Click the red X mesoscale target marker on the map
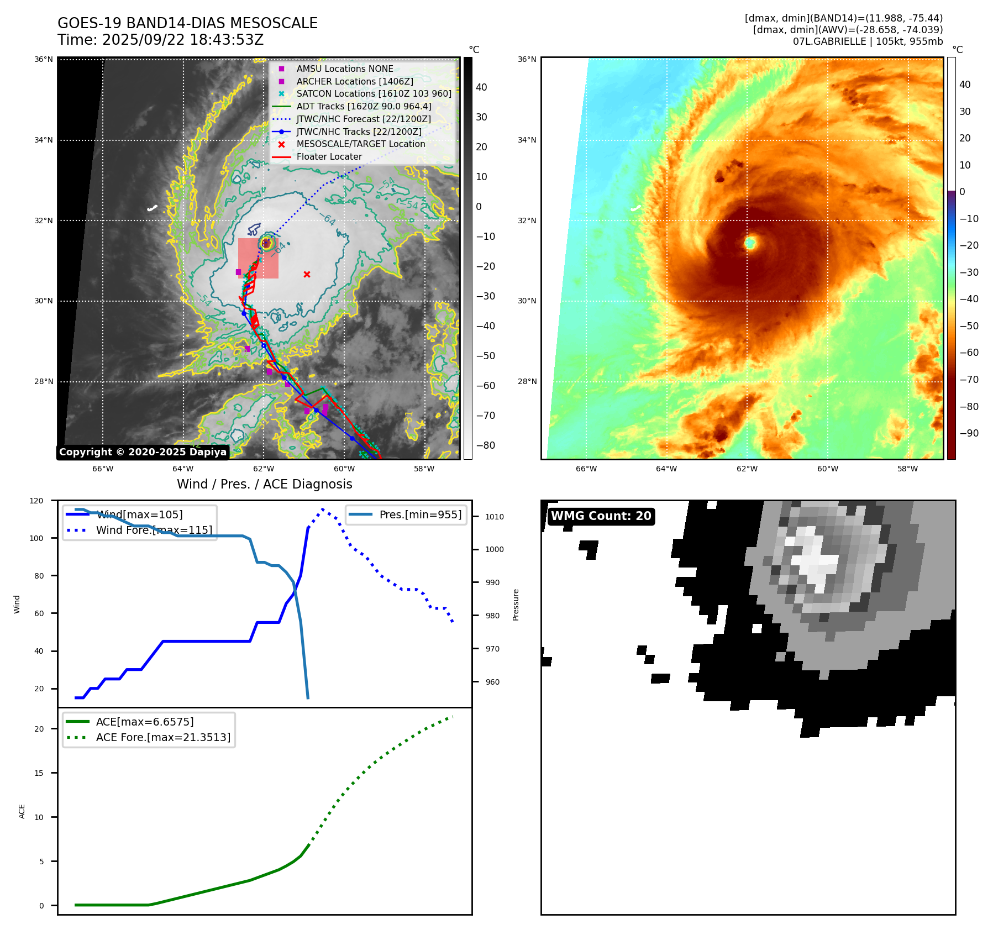tap(307, 274)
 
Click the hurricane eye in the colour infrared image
tap(750, 243)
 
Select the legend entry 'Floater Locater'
tap(329, 157)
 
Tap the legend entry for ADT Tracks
tap(364, 107)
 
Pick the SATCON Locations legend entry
tap(374, 94)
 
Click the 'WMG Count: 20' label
tap(601, 516)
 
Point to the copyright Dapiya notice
tap(143, 452)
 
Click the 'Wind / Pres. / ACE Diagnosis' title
tap(264, 484)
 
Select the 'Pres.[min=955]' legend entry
tap(420, 515)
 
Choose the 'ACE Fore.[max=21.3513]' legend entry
tap(163, 737)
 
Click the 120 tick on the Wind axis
tap(36, 501)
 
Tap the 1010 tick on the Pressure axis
tap(495, 517)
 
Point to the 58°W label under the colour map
tap(907, 469)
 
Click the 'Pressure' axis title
tap(516, 605)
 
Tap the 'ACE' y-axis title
tap(22, 811)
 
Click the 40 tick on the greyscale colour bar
tap(481, 87)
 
